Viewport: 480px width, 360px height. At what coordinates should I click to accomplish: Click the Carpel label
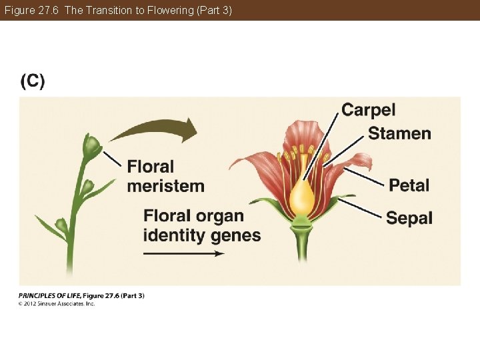[369, 109]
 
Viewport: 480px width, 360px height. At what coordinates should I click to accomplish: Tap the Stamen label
[399, 133]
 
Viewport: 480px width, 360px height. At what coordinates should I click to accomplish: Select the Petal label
[409, 185]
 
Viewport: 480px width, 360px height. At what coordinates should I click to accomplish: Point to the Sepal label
[409, 218]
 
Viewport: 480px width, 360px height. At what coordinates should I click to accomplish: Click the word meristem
[165, 185]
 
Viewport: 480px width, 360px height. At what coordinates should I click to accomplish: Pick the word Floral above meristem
[150, 167]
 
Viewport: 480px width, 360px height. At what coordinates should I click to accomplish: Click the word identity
[173, 235]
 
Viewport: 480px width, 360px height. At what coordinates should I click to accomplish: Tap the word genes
[235, 235]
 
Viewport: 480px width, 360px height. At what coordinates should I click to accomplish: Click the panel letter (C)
[33, 81]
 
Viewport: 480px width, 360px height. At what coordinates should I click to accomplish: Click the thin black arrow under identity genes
[183, 254]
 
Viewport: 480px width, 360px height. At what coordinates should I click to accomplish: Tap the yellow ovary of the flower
[302, 197]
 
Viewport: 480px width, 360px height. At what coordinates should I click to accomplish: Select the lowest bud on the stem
[61, 226]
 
